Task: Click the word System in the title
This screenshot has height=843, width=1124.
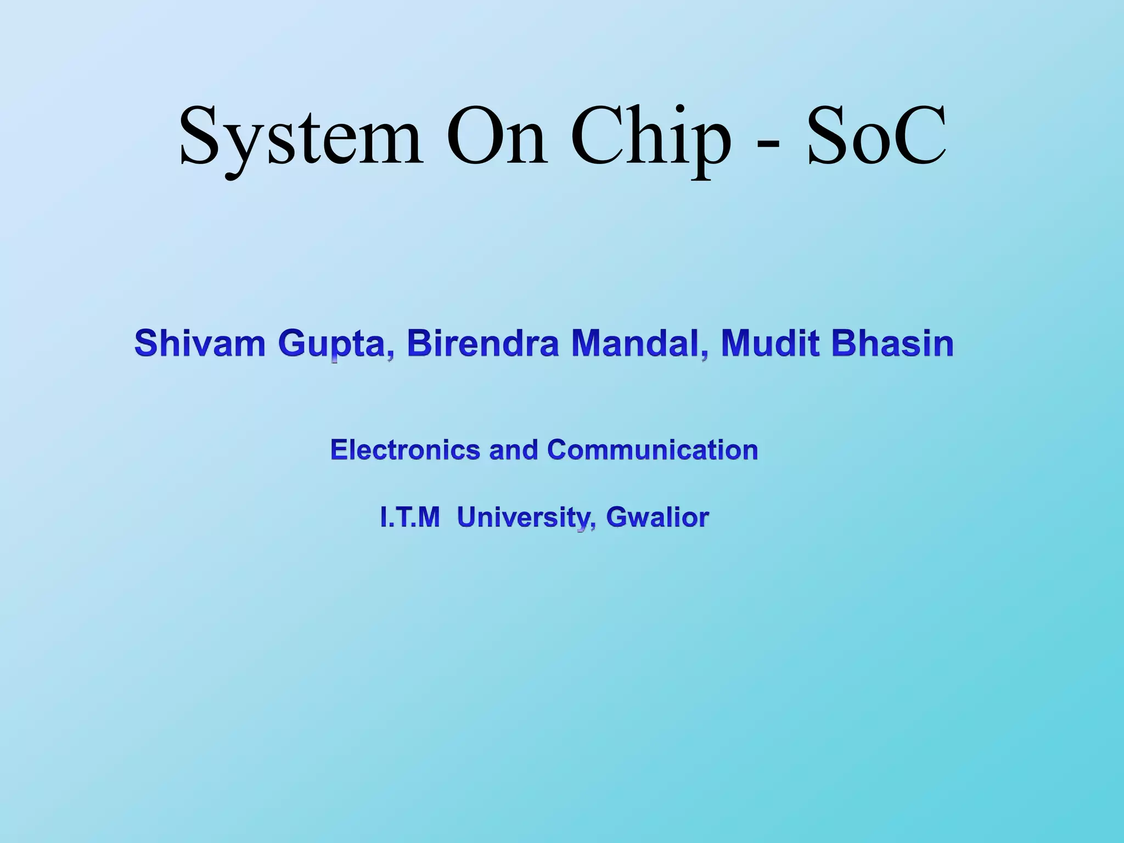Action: (x=301, y=137)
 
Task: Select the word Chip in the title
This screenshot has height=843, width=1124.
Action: (x=650, y=137)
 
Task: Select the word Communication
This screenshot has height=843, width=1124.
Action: (x=653, y=449)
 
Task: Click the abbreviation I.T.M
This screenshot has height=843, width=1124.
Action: (x=410, y=517)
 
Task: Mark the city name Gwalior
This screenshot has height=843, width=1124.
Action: (x=657, y=517)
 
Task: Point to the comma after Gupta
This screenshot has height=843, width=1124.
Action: (x=390, y=354)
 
